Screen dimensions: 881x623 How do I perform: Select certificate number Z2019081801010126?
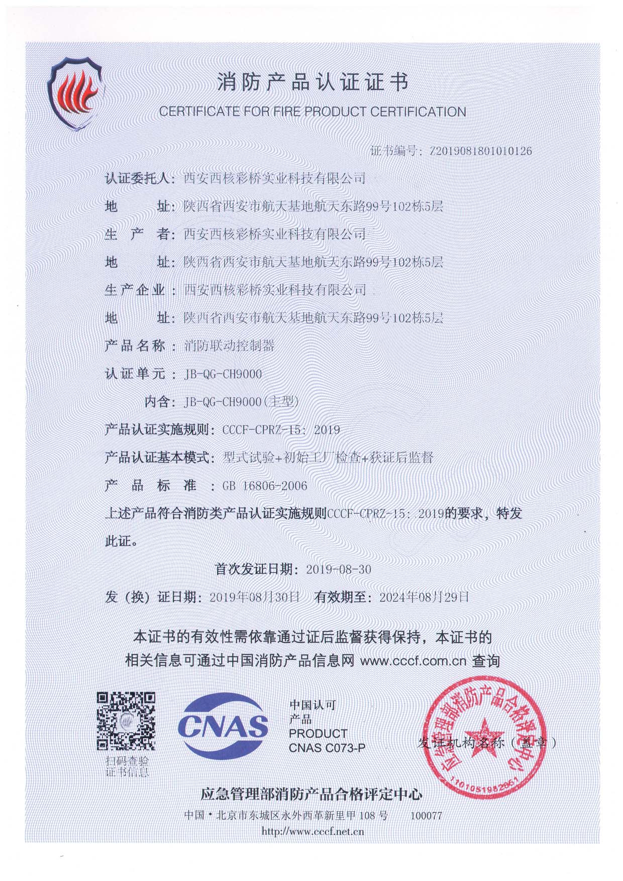tap(480, 151)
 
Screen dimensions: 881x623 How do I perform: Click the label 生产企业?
tap(135, 290)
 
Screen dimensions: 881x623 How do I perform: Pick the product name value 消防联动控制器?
tap(230, 346)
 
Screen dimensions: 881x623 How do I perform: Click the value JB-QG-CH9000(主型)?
tap(242, 402)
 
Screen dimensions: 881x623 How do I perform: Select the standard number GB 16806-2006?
tap(265, 486)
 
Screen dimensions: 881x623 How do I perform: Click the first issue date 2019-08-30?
tap(339, 569)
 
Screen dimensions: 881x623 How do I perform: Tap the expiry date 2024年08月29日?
tap(425, 597)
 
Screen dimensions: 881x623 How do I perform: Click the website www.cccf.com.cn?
tap(413, 661)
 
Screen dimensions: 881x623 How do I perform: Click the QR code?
tap(126, 721)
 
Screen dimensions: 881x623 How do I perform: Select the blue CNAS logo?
tap(223, 725)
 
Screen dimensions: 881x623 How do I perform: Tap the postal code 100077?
tap(426, 815)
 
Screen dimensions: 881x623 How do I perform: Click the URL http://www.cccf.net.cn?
tap(313, 832)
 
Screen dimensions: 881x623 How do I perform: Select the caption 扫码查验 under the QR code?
tap(127, 761)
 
